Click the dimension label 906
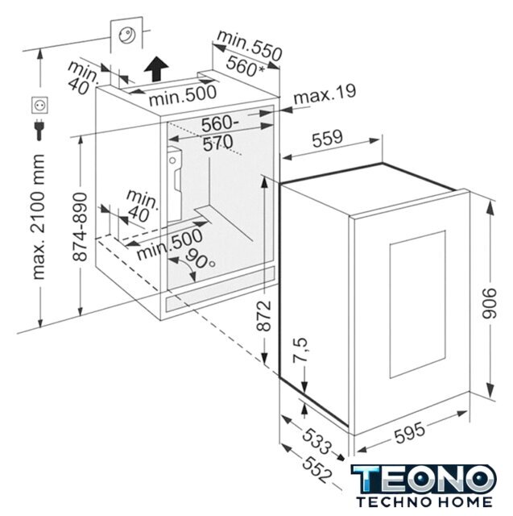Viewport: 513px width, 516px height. click(x=490, y=303)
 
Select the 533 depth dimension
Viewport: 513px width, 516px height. click(x=316, y=441)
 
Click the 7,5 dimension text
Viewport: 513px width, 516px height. click(x=300, y=350)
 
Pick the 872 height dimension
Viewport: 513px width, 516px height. click(x=263, y=315)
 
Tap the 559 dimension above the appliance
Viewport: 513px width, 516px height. click(x=327, y=138)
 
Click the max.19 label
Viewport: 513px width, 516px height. click(x=325, y=94)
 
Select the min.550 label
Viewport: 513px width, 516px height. click(x=250, y=45)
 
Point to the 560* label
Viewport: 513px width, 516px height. click(x=245, y=66)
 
